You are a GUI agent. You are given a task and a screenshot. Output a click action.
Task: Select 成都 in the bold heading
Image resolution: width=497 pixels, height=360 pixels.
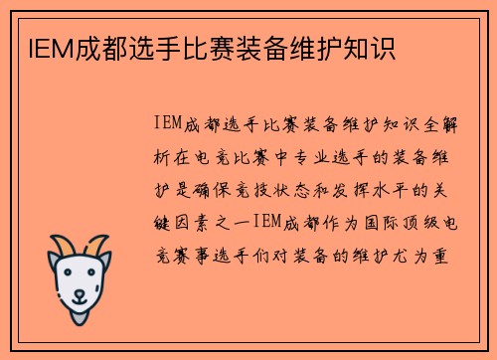(x=83, y=48)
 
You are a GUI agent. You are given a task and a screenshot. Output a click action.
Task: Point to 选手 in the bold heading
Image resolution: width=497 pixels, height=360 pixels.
(x=131, y=48)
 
